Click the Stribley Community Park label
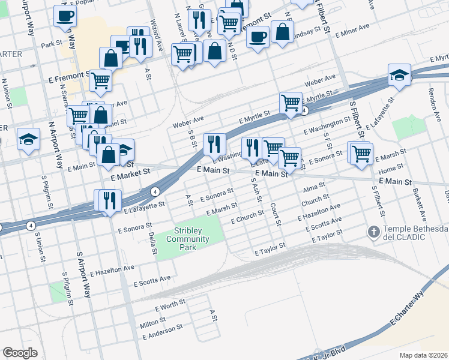(191, 239)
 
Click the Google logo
(20, 353)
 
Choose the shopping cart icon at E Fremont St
(101, 79)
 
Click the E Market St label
(130, 175)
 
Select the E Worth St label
(170, 307)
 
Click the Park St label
(52, 44)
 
